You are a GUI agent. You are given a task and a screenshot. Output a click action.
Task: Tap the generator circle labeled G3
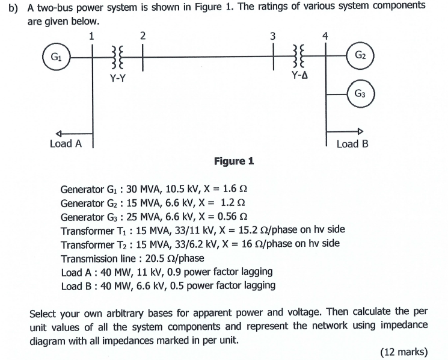coord(360,93)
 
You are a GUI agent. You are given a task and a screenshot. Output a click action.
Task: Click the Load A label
coord(66,143)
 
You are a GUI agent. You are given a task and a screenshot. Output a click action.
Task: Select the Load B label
coord(352,144)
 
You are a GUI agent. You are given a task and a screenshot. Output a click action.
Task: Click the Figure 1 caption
coord(234,161)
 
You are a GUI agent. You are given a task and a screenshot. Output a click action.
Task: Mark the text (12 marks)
coord(404,352)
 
